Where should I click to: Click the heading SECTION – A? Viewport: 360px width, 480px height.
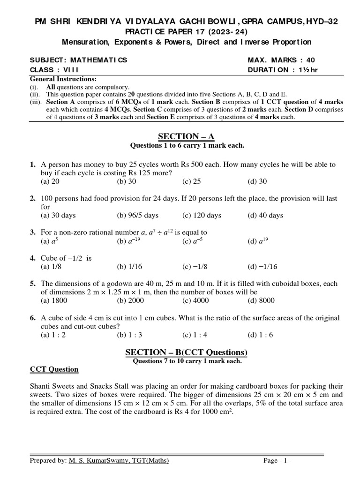point(186,136)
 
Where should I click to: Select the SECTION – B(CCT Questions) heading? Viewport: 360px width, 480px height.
point(186,352)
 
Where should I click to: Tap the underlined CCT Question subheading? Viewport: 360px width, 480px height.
point(54,369)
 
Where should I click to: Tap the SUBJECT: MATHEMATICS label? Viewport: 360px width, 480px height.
point(78,60)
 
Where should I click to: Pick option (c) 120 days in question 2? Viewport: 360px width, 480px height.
point(202,216)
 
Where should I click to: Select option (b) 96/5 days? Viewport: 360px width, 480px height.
point(137,216)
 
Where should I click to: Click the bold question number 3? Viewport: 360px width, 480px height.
point(33,232)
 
